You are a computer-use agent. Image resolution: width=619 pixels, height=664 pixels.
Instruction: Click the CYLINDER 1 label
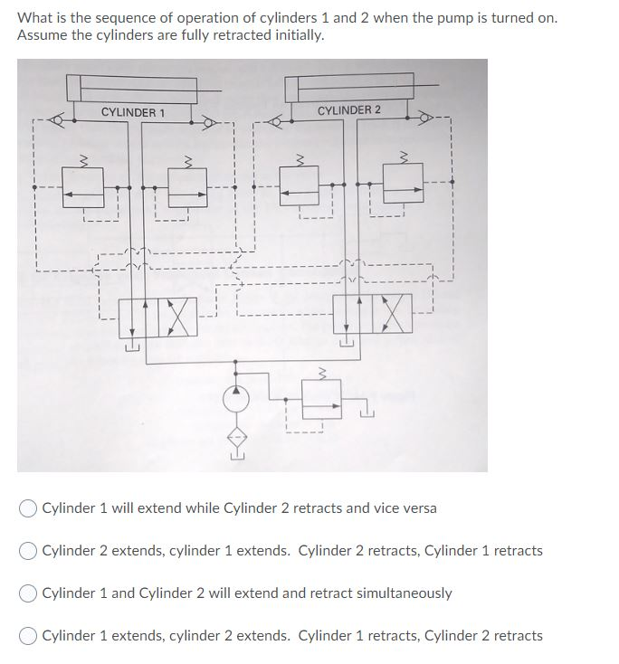point(133,112)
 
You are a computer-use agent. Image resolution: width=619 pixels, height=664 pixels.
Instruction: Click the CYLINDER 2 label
point(349,110)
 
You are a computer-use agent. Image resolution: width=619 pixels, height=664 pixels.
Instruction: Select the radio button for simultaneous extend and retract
point(28,593)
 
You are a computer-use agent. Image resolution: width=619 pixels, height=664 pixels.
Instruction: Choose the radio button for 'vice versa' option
point(28,508)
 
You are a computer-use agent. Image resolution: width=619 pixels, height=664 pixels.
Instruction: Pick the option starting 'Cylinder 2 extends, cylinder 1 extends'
point(28,551)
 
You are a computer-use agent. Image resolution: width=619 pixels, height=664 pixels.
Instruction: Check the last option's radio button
point(28,636)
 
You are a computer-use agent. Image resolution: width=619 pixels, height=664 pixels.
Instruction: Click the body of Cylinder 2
point(349,88)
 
